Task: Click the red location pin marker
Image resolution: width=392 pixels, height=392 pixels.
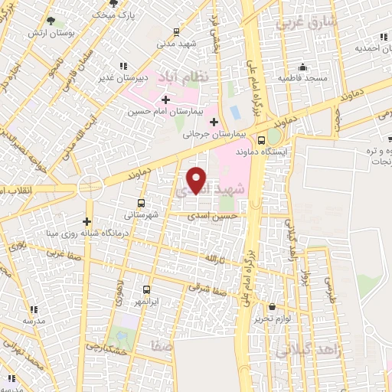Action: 197,180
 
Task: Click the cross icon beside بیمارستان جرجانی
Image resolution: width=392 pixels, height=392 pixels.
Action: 214,122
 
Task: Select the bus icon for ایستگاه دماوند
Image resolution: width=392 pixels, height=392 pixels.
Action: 262,140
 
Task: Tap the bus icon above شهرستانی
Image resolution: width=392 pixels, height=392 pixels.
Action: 141,203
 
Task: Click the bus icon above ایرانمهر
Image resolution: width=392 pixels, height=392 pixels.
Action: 147,290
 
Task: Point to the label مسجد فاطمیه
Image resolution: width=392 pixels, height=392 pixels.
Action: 303,78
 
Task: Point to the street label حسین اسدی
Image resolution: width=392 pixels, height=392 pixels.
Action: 216,217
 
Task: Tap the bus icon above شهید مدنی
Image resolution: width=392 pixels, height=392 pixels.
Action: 177,32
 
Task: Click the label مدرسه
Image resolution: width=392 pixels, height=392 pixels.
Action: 30,322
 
